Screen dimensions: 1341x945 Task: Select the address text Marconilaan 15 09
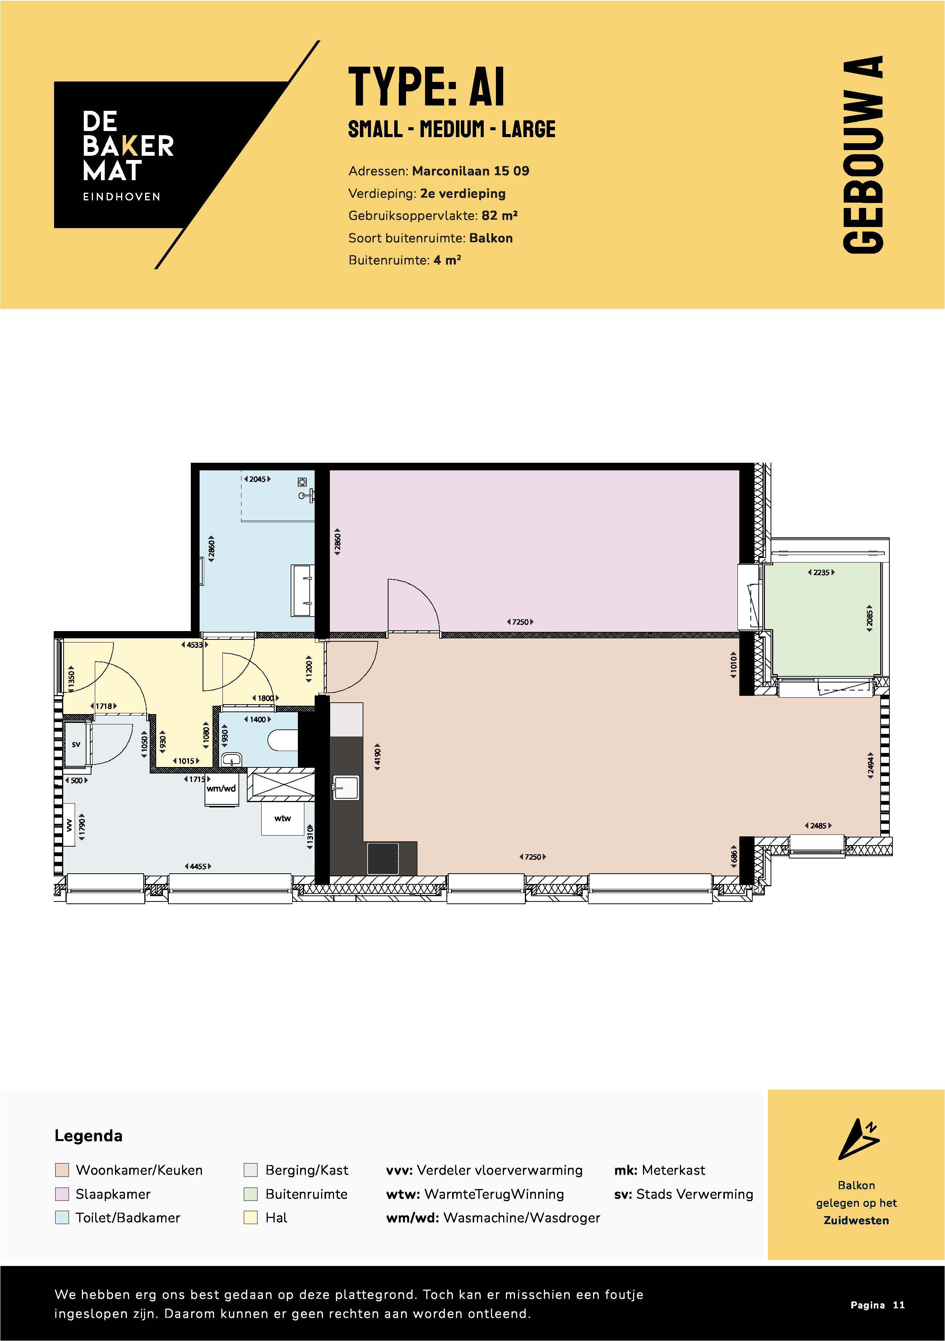[470, 171]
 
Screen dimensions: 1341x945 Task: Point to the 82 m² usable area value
[499, 216]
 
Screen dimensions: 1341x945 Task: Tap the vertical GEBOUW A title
[863, 155]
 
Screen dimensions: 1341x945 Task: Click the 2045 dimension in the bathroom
[257, 479]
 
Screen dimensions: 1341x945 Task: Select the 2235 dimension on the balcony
[821, 572]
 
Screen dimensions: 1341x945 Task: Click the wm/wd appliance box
[221, 790]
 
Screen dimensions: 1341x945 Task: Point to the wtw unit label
[283, 818]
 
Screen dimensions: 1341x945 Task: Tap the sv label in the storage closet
[76, 745]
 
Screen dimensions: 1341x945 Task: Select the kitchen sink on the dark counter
[346, 787]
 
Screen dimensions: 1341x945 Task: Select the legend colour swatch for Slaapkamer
[62, 1194]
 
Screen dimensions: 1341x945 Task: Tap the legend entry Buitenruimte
[306, 1194]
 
